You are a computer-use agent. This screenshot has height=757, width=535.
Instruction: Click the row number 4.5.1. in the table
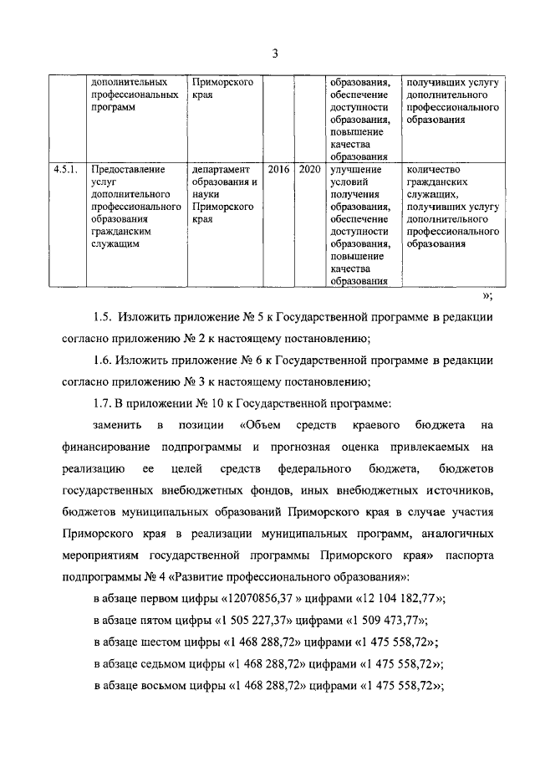[64, 169]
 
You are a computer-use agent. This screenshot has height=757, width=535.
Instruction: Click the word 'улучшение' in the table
[355, 169]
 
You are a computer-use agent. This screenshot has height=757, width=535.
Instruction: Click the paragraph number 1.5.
[102, 319]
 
